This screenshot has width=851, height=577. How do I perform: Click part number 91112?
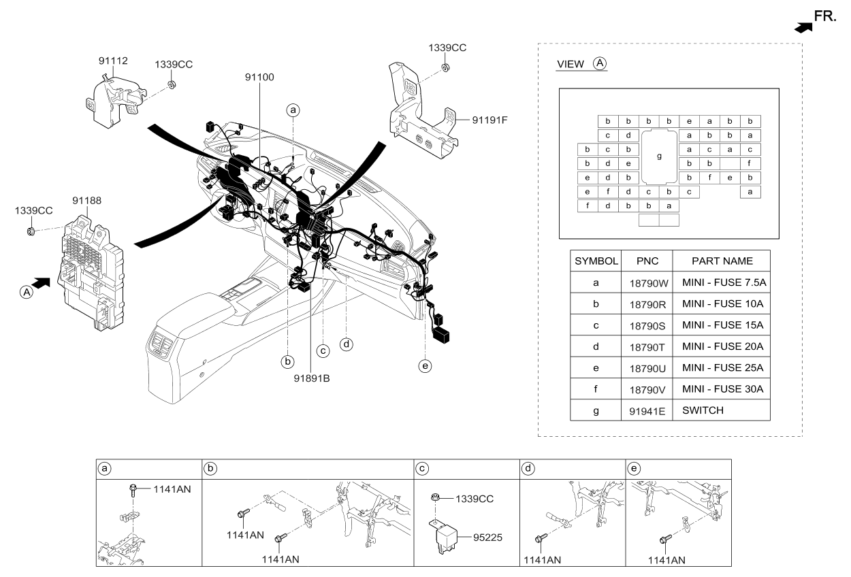[113, 61]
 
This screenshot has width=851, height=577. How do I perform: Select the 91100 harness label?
[259, 78]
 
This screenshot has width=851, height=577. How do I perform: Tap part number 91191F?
[489, 121]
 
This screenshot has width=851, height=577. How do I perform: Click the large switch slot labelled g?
[658, 156]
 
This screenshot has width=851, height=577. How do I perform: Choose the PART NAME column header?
[722, 261]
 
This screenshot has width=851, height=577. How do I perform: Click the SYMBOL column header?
[596, 261]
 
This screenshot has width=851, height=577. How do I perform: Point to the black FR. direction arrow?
[803, 27]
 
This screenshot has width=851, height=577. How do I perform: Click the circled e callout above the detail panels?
[425, 366]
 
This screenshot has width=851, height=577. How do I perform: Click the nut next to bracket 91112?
[172, 84]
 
